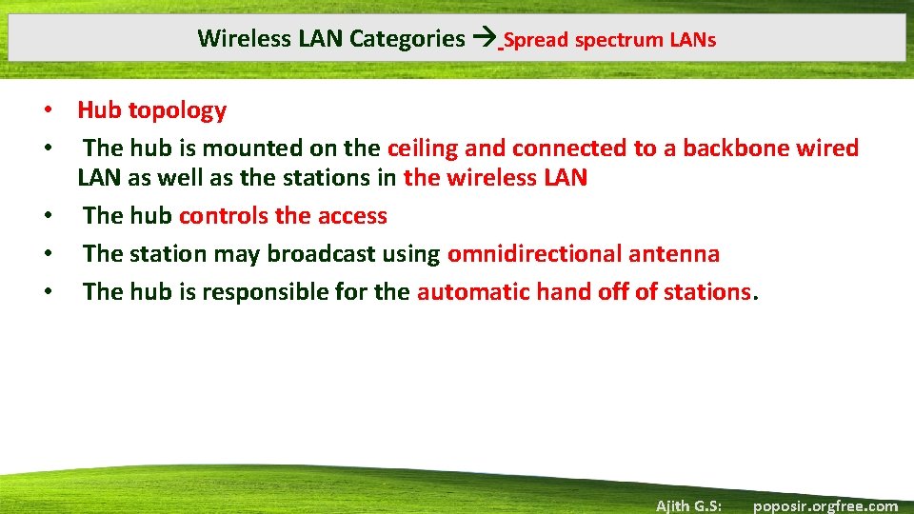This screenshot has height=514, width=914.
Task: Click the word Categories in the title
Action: tap(407, 39)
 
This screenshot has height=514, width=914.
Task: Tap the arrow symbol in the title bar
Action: tap(485, 39)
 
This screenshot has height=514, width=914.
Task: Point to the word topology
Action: tap(177, 110)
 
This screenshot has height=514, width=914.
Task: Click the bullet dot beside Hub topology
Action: tap(46, 110)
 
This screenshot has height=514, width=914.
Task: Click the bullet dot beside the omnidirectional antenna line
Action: tap(46, 254)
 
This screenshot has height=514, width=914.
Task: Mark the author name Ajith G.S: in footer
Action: tap(688, 505)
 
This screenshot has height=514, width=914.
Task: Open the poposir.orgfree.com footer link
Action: tap(825, 505)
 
